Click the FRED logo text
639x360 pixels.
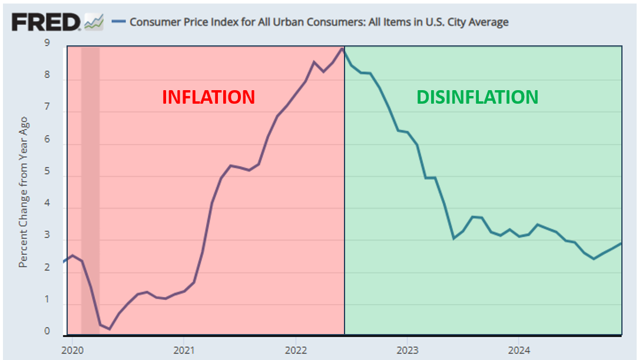coord(46,22)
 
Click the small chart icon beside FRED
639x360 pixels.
coord(94,22)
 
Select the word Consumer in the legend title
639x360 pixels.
coord(152,22)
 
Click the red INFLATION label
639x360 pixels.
coord(208,97)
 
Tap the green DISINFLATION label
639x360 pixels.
coord(477,97)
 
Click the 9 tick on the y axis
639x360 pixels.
coord(47,43)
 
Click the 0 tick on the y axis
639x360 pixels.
coord(47,331)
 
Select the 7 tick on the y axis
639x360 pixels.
coord(47,111)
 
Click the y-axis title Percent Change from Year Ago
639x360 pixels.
coord(23,192)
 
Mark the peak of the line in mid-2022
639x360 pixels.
coord(342,48)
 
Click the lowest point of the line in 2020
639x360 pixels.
coord(109,329)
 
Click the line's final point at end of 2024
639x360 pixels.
coord(621,243)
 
